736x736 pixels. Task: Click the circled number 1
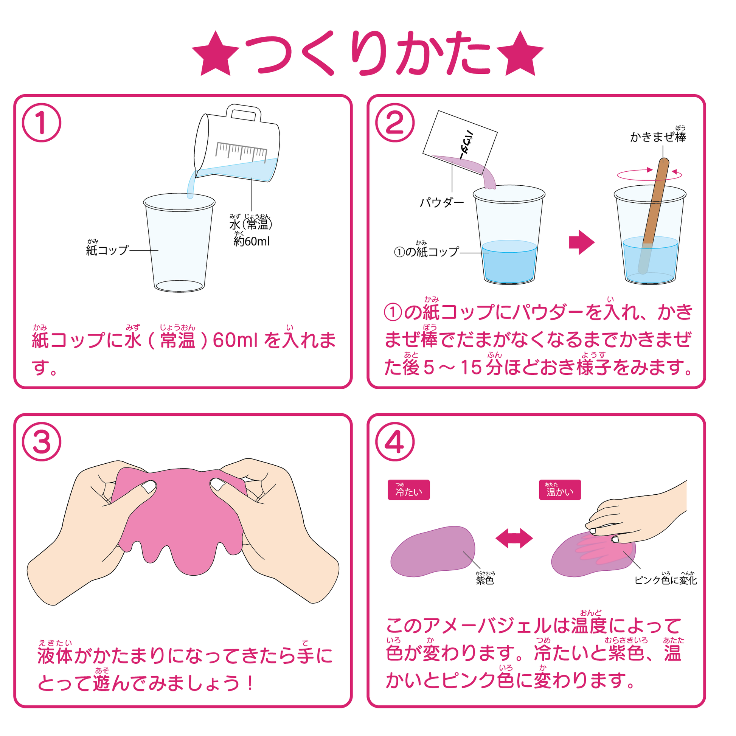click(x=42, y=123)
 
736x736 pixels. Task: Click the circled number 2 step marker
click(x=395, y=123)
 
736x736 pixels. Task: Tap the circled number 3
click(x=42, y=442)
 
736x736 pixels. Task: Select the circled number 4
click(x=395, y=442)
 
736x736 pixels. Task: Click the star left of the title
click(x=216, y=54)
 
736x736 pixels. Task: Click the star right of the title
click(x=520, y=54)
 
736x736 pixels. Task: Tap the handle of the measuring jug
click(x=244, y=113)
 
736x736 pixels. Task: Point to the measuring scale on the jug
click(x=241, y=151)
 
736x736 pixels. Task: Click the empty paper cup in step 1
click(x=179, y=243)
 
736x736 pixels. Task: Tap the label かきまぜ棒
click(x=658, y=136)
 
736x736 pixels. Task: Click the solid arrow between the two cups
click(x=581, y=242)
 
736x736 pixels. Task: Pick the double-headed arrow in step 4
click(x=514, y=538)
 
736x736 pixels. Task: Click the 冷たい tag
click(x=408, y=489)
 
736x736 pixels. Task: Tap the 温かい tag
click(x=560, y=489)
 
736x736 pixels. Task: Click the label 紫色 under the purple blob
click(x=485, y=579)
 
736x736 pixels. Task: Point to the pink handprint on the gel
click(x=602, y=548)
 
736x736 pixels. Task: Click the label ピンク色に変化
click(x=666, y=579)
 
